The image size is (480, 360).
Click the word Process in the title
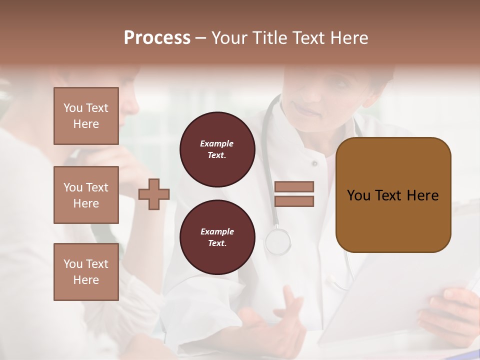pos(157,38)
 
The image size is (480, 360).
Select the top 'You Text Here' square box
pos(86,116)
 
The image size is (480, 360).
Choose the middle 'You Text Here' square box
pos(86,195)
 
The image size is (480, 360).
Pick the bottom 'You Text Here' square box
pos(86,272)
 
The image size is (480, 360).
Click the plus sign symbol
pos(154,194)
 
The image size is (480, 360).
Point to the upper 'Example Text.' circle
pos(217,149)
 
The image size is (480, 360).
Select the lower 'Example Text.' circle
pos(217,237)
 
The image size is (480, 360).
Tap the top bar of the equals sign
pos(294,186)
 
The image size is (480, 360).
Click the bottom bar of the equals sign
pos(294,201)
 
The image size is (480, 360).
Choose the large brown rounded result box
pos(393,195)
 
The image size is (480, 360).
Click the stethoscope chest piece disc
pos(278,241)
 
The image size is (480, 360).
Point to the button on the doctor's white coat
pos(314,163)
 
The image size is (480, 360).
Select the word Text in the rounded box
pos(388,195)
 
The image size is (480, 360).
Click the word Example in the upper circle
pos(217,143)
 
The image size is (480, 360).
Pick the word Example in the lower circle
pos(217,231)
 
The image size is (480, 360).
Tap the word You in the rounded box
pos(358,195)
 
